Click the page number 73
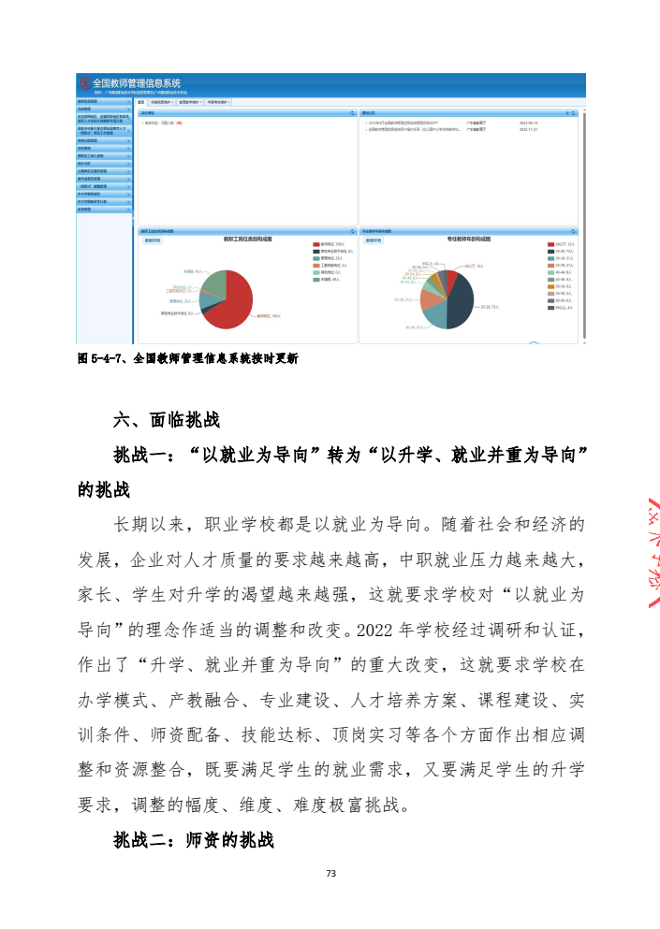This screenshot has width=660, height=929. [330, 873]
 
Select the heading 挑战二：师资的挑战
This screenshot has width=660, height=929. [193, 840]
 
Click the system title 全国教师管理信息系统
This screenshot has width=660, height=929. [136, 83]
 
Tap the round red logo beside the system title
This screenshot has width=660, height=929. [84, 83]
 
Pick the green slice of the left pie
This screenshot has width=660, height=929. [213, 283]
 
